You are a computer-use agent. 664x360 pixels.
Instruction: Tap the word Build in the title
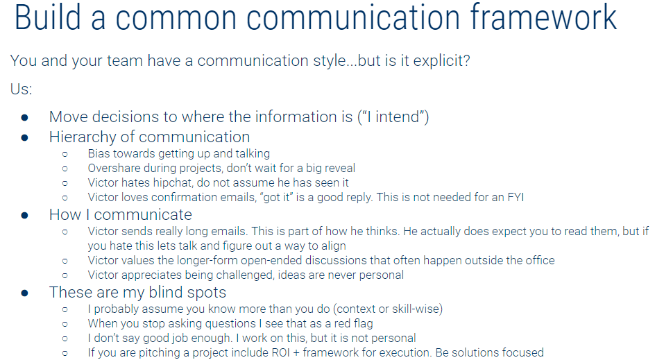[x=47, y=17]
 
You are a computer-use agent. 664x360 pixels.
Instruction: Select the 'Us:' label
[x=22, y=89]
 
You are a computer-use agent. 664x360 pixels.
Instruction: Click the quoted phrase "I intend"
[x=393, y=117]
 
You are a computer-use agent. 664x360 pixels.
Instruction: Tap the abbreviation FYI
[x=516, y=198]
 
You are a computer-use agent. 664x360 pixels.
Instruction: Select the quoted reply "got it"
[x=276, y=198]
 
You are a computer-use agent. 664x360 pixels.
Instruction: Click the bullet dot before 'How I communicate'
[x=24, y=216]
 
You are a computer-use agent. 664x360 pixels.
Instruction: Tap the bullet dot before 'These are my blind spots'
[x=24, y=293]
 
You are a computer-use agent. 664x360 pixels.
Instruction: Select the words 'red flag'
[x=354, y=323]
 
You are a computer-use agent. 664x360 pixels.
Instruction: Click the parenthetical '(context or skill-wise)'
[x=388, y=309]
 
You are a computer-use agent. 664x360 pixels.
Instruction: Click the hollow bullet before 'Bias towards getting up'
[x=65, y=154]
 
